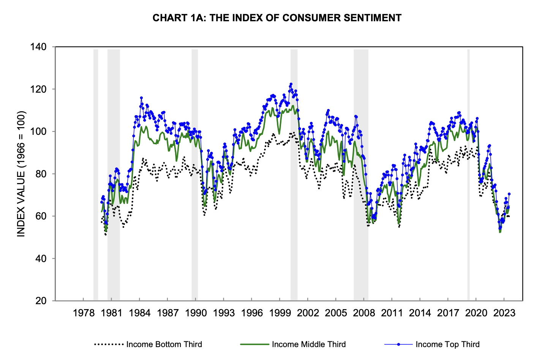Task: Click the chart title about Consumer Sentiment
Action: (x=277, y=18)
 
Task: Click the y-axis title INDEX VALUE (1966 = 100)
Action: (x=21, y=174)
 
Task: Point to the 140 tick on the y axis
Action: (x=38, y=47)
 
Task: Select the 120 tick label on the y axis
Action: (x=38, y=89)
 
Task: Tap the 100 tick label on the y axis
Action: (x=38, y=131)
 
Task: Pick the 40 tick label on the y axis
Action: (x=40, y=259)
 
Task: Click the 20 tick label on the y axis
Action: (x=40, y=301)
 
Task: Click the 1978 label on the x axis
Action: (x=84, y=313)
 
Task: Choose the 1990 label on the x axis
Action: (x=196, y=313)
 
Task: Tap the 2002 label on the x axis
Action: (x=308, y=313)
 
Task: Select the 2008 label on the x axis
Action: (x=364, y=313)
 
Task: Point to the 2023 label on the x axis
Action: (x=504, y=313)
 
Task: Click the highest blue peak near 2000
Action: (x=291, y=84)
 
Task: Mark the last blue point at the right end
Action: (x=509, y=194)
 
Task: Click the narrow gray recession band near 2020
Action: (x=468, y=175)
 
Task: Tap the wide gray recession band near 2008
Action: (x=361, y=175)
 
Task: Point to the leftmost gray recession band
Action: (x=96, y=175)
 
